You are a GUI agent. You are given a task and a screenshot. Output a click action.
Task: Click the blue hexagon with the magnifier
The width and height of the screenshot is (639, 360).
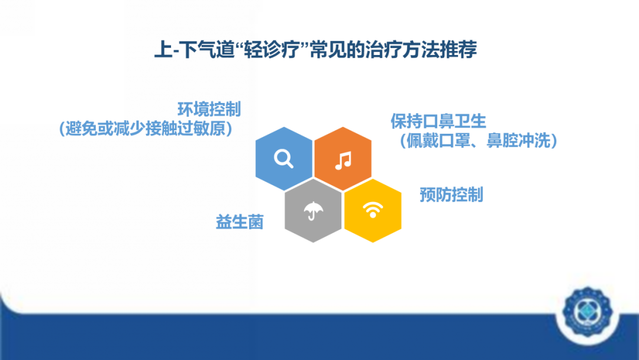284,159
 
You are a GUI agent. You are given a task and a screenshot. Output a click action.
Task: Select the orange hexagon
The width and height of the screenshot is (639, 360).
343,159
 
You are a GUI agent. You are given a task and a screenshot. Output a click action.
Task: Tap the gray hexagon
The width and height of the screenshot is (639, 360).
313,210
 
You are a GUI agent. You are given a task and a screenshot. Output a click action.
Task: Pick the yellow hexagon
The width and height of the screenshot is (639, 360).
373,210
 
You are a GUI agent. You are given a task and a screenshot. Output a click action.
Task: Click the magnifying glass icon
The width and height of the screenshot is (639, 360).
284,159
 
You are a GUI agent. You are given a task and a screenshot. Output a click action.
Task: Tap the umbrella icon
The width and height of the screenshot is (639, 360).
313,210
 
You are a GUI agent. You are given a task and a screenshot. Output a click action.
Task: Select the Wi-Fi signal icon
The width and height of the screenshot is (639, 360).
373,210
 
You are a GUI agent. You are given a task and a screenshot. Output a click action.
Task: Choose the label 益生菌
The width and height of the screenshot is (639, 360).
239,222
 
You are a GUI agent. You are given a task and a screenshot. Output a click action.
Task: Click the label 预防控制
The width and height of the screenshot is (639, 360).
451,194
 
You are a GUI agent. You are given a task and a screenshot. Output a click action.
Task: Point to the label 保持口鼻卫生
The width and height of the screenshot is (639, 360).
438,121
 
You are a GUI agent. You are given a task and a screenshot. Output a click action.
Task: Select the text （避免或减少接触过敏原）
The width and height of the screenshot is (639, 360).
145,128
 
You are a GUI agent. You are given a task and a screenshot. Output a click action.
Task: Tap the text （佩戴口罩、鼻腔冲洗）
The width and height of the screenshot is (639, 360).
477,141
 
